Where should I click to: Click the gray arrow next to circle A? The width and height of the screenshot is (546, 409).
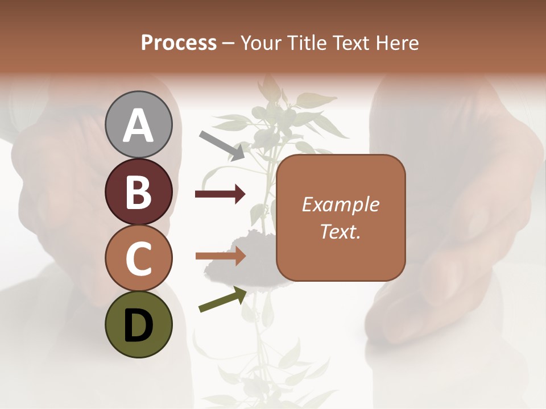click(x=222, y=144)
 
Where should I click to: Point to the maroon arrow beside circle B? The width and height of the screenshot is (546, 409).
click(x=220, y=194)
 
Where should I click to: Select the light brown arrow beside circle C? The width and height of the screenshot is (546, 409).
click(x=220, y=256)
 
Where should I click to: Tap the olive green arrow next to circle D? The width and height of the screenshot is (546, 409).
click(x=222, y=300)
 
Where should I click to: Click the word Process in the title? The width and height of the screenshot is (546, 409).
click(x=179, y=43)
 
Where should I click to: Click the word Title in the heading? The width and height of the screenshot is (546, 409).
click(x=305, y=43)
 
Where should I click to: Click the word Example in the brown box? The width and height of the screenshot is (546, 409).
click(x=340, y=204)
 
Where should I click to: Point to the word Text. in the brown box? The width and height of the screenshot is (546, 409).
click(x=340, y=232)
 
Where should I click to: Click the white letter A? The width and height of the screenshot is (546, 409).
click(x=139, y=126)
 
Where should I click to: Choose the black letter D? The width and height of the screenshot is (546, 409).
click(x=139, y=325)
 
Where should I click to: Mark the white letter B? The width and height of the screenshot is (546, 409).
click(x=139, y=192)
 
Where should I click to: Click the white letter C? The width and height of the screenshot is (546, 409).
click(x=139, y=258)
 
